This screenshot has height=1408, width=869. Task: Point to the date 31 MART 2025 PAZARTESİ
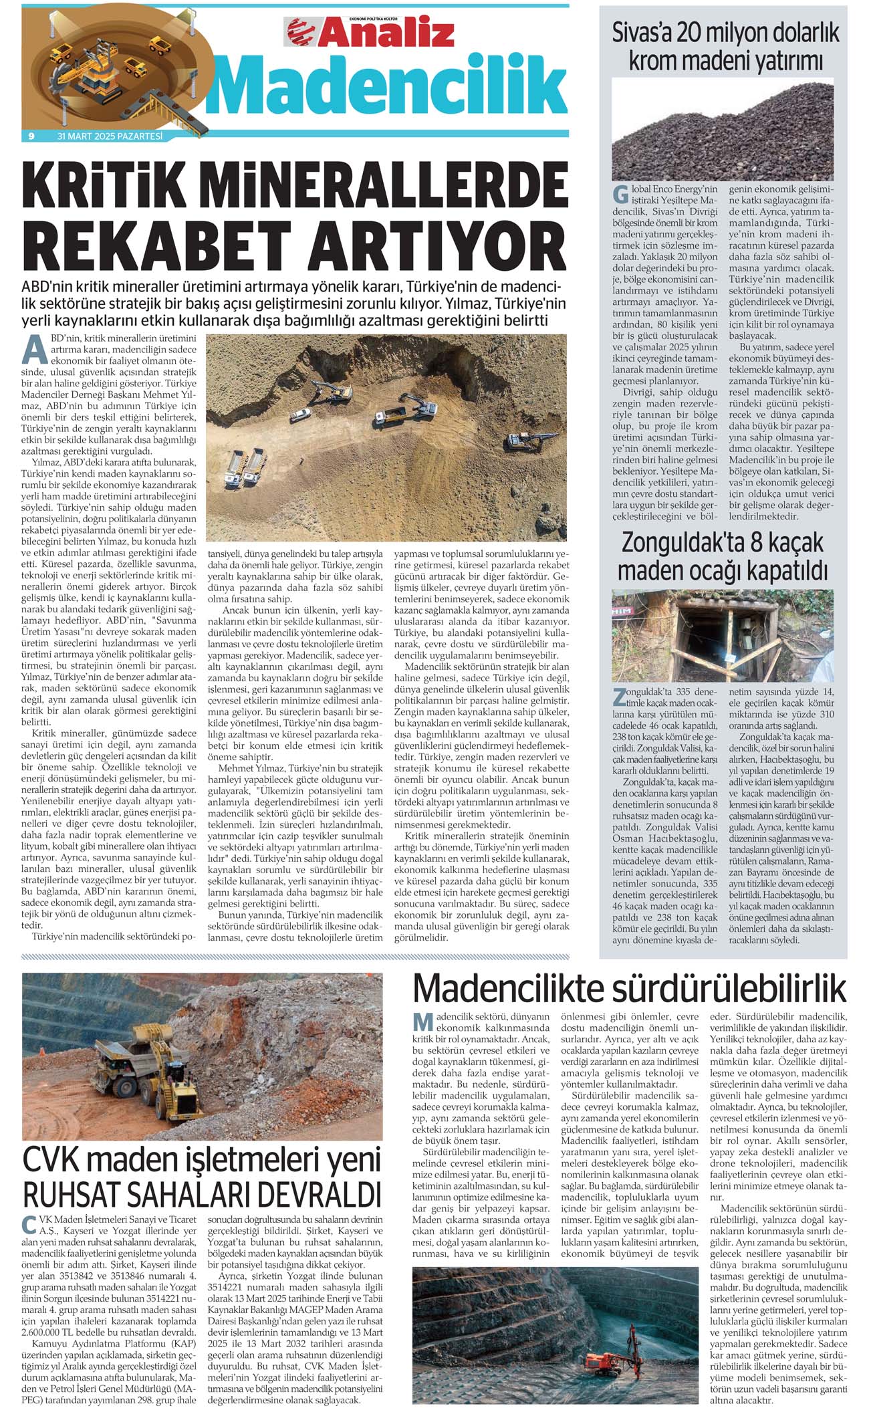pos(110,136)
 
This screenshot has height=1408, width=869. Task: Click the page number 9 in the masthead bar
pos(31,136)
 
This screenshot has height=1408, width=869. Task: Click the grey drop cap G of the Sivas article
pos(620,196)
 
